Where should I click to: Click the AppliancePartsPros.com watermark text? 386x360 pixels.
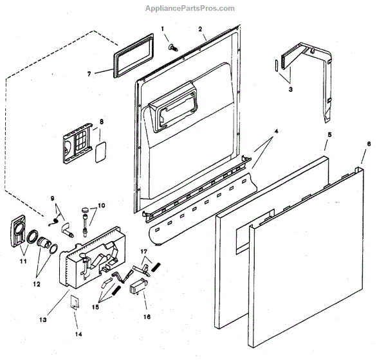click(x=192, y=8)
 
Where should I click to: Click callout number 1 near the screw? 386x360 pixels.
click(x=163, y=29)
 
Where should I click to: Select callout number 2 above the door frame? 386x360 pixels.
click(x=200, y=29)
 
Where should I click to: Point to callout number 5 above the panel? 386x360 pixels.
click(x=329, y=136)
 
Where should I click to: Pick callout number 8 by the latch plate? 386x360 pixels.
click(x=101, y=122)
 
